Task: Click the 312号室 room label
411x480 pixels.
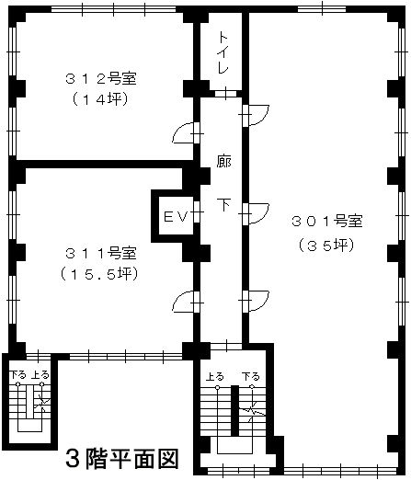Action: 101,79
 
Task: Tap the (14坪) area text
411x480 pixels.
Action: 100,99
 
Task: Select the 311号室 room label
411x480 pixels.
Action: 101,253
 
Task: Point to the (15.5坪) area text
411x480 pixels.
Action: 99,274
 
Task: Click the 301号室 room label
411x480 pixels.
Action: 327,221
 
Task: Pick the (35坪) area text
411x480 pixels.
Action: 326,246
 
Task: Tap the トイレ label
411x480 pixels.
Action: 223,52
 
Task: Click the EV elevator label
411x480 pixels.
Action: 176,217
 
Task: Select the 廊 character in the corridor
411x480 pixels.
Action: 223,161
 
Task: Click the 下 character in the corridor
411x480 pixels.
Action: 224,204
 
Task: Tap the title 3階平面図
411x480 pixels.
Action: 122,458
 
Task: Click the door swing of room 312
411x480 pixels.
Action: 183,132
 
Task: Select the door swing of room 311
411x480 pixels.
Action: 183,302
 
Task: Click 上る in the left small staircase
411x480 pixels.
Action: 40,374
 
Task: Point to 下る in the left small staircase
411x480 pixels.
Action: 17,374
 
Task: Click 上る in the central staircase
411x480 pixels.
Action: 215,376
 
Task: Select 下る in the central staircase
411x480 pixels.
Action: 250,376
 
